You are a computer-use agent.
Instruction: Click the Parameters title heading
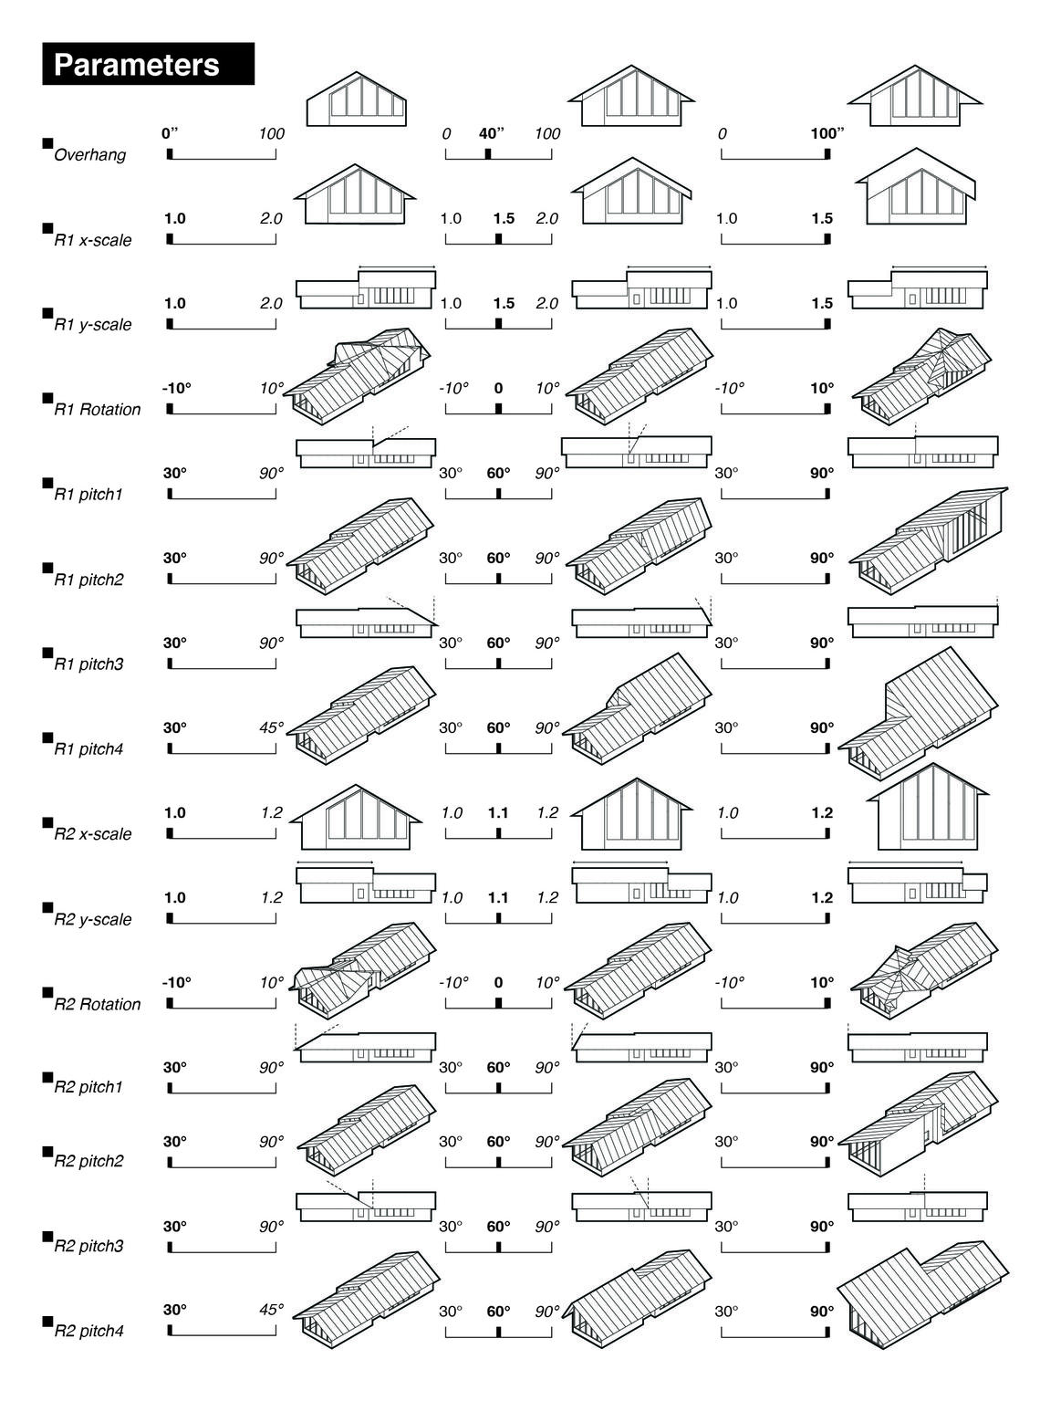137,65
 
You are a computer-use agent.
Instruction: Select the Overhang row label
89,155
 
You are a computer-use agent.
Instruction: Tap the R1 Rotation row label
97,410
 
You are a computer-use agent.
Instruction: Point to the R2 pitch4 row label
88,1332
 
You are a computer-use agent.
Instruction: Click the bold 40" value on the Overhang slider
491,133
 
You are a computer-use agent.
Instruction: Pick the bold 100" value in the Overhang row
827,133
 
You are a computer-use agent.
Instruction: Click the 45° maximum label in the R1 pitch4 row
271,728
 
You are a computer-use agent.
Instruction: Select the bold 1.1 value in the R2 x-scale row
498,813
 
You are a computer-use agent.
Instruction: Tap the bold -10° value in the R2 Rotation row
176,983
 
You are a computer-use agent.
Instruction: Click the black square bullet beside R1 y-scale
47,313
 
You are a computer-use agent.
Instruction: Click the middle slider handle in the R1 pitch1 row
498,494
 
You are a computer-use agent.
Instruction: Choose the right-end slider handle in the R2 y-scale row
827,918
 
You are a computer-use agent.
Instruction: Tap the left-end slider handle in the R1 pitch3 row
170,664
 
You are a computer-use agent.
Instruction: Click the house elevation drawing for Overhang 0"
357,99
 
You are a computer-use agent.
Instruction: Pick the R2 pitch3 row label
88,1247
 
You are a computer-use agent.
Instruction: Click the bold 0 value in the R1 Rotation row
498,389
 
